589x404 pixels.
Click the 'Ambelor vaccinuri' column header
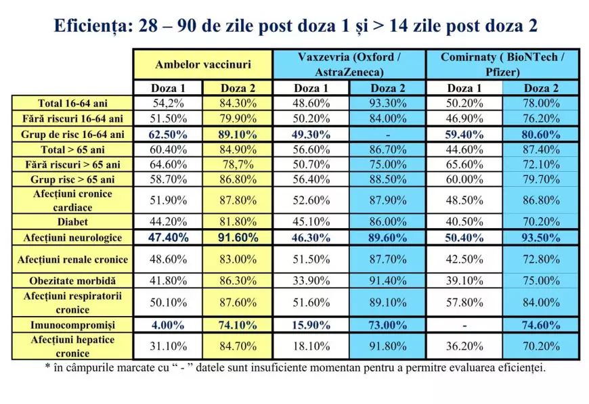[202, 65]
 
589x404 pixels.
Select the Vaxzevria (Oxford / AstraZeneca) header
[349, 64]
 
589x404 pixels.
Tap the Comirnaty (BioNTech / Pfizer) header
[502, 64]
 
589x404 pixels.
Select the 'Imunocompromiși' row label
[72, 324]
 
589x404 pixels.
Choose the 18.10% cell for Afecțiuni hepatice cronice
[311, 346]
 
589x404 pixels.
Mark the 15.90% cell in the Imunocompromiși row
[311, 324]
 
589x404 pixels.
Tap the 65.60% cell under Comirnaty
[465, 164]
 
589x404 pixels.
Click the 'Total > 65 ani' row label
[72, 149]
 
